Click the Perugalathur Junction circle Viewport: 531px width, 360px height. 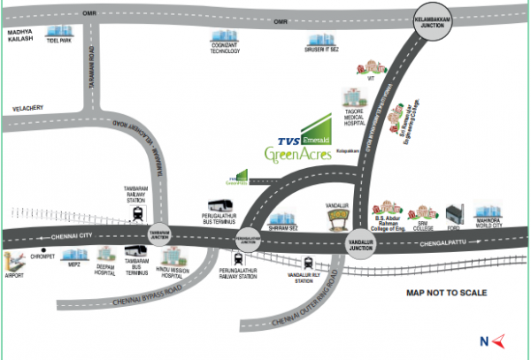coord(250,237)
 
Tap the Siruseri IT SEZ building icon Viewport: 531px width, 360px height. coord(316,40)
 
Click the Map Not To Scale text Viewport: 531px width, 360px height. coord(447,292)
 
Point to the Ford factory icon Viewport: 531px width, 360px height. coord(455,214)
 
